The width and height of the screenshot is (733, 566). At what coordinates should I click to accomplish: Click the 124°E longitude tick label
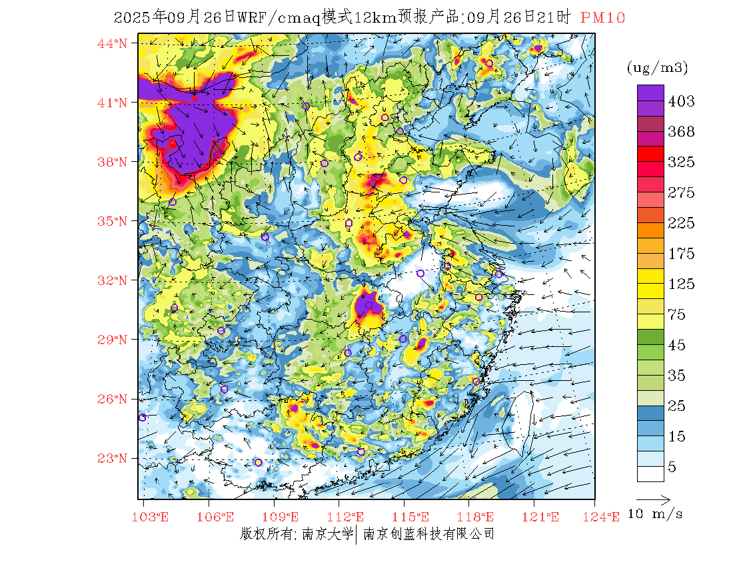click(x=608, y=517)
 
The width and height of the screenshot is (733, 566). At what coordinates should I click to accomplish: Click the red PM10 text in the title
click(x=602, y=18)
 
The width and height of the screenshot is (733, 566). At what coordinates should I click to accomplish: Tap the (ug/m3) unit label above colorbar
click(x=657, y=68)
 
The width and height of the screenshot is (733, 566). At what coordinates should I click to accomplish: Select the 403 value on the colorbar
click(x=681, y=101)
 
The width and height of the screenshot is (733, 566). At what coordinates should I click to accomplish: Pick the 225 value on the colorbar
click(x=681, y=223)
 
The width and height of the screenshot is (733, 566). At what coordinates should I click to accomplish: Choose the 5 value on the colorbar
click(x=672, y=467)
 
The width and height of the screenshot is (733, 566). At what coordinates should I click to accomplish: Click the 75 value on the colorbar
click(x=677, y=315)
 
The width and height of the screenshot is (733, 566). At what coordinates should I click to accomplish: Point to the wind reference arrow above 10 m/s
click(x=653, y=498)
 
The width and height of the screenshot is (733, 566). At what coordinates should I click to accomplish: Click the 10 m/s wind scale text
click(x=656, y=514)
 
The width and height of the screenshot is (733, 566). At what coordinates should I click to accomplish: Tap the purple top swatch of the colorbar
click(x=650, y=93)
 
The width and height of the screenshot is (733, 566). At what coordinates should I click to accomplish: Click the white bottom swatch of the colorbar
click(x=650, y=473)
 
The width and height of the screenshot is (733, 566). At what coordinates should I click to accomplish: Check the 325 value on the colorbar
click(x=681, y=162)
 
